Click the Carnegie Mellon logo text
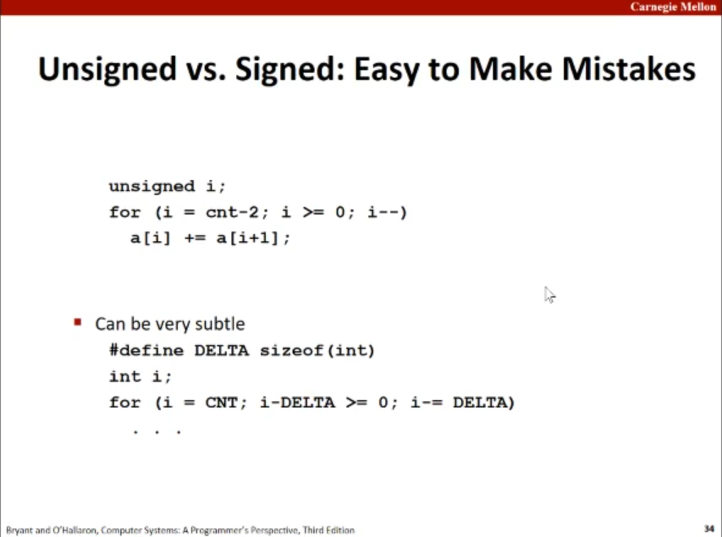(673, 7)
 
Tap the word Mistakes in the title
(629, 69)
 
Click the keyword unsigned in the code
(152, 186)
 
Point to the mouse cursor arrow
(550, 294)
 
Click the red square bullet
(78, 323)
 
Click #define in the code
(147, 351)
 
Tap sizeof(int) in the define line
(317, 351)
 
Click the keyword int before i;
(125, 376)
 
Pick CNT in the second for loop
(221, 403)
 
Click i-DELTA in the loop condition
(297, 403)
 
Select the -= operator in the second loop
(432, 403)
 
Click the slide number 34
(709, 528)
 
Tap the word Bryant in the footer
(20, 530)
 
